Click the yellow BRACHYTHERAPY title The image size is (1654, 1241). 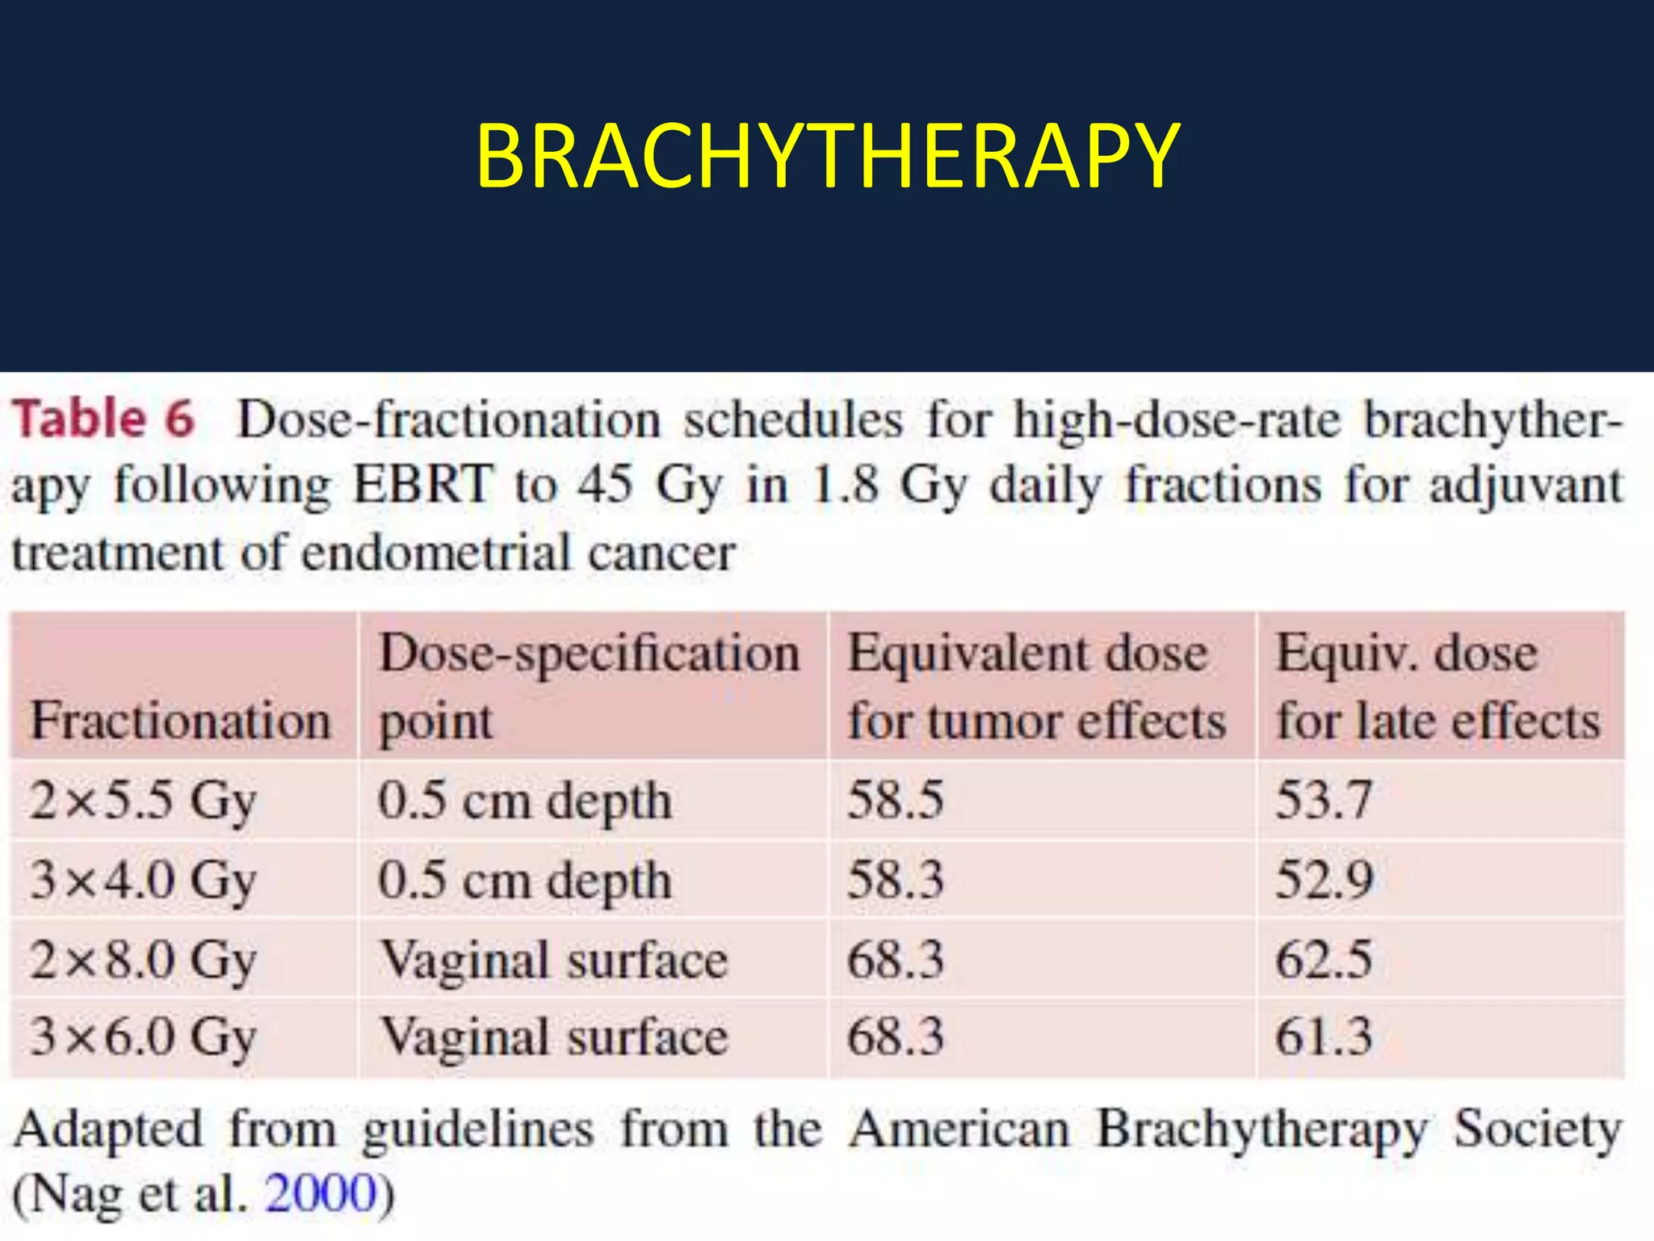[828, 156]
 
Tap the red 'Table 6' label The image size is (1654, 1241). [103, 419]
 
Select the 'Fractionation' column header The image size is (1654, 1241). [181, 720]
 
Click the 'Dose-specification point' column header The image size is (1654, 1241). [590, 686]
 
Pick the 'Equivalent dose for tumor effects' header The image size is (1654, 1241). [1037, 686]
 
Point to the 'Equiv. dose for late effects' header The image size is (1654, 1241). [1438, 686]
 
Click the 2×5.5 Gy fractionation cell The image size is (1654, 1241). [144, 801]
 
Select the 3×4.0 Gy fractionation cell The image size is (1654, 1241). [144, 879]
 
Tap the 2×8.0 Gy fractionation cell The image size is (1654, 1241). [144, 959]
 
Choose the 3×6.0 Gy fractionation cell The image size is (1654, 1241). [144, 1036]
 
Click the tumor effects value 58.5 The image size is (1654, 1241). [896, 800]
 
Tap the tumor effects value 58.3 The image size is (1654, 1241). [896, 879]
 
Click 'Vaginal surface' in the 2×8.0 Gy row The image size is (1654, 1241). [554, 959]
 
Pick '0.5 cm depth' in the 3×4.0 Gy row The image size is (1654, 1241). [525, 879]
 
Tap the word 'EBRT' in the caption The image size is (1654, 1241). [422, 485]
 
